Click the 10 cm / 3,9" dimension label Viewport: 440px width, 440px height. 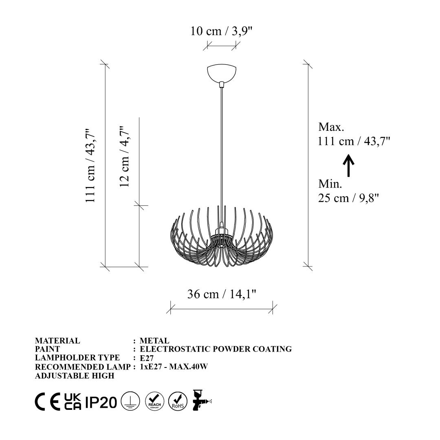[x=221, y=31]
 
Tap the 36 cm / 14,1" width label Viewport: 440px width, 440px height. [x=222, y=294]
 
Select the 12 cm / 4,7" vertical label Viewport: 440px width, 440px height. [x=124, y=156]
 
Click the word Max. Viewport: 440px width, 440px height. [x=331, y=127]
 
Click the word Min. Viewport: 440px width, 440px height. [x=330, y=184]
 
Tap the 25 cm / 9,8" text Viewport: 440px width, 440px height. [x=348, y=198]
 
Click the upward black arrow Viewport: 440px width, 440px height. [x=348, y=165]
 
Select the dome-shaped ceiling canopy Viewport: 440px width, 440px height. [x=221, y=73]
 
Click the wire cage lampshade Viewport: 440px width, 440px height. [x=222, y=236]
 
